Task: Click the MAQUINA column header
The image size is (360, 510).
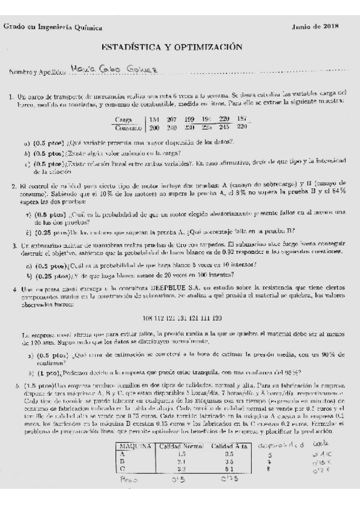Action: click(135, 446)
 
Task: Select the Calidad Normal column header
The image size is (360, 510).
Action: click(181, 446)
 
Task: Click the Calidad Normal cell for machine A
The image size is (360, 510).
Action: click(181, 455)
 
